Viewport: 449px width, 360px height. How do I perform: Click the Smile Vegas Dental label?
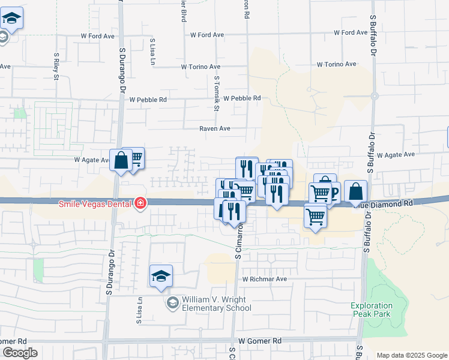click(95, 203)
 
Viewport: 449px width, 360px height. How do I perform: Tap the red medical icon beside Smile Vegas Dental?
click(140, 203)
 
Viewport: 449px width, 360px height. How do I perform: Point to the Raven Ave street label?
click(215, 128)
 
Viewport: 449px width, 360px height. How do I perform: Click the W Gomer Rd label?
click(260, 341)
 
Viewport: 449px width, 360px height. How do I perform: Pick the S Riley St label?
click(56, 65)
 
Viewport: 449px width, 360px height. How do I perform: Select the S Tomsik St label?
click(217, 92)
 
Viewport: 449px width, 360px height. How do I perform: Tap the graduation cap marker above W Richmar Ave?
click(161, 276)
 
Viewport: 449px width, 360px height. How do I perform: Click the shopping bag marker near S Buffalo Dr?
click(356, 191)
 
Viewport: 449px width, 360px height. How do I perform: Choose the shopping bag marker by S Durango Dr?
click(121, 161)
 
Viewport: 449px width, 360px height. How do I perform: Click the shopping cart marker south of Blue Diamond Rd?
click(315, 215)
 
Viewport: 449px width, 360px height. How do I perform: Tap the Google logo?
click(20, 353)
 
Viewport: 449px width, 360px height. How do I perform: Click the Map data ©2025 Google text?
click(412, 355)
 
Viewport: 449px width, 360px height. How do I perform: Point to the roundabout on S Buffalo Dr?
click(374, 95)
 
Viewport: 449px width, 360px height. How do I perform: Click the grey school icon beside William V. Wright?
click(173, 303)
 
